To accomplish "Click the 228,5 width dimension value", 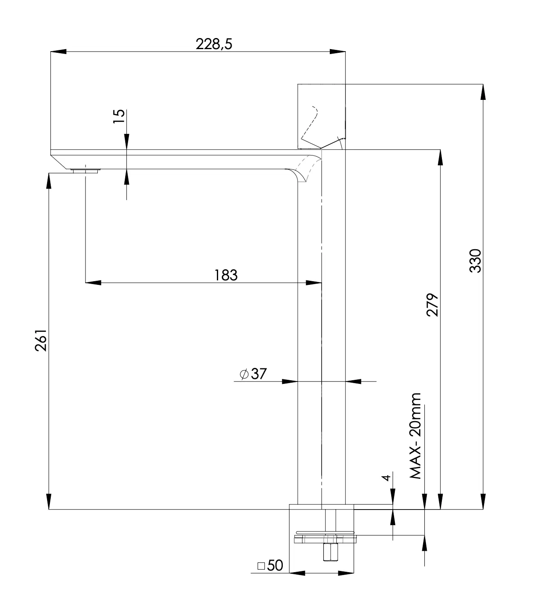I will [214, 44].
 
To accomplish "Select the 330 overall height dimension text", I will [475, 260].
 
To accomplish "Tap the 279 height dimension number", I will [433, 304].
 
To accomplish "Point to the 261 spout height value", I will [41, 340].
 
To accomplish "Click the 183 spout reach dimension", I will [226, 275].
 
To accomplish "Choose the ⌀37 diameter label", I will [253, 374].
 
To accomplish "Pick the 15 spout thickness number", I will [119, 117].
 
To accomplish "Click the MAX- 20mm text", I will [416, 436].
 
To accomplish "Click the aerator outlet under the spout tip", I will [85, 170].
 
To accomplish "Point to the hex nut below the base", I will [329, 552].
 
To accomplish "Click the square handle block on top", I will [321, 116].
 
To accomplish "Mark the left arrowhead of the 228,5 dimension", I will [58, 52].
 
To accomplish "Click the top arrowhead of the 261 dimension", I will [49, 180].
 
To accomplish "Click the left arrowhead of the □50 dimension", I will [297, 573].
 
